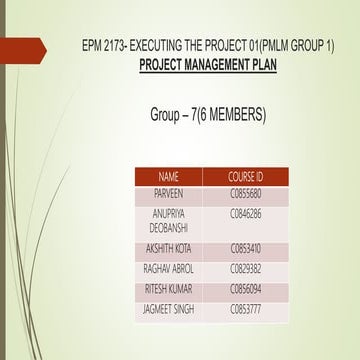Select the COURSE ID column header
coord(245,176)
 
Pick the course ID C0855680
coord(245,192)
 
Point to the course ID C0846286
coord(245,214)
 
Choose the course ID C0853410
coord(245,248)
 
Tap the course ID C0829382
coord(245,268)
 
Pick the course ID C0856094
coord(245,288)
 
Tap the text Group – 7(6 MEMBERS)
coord(207,115)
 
